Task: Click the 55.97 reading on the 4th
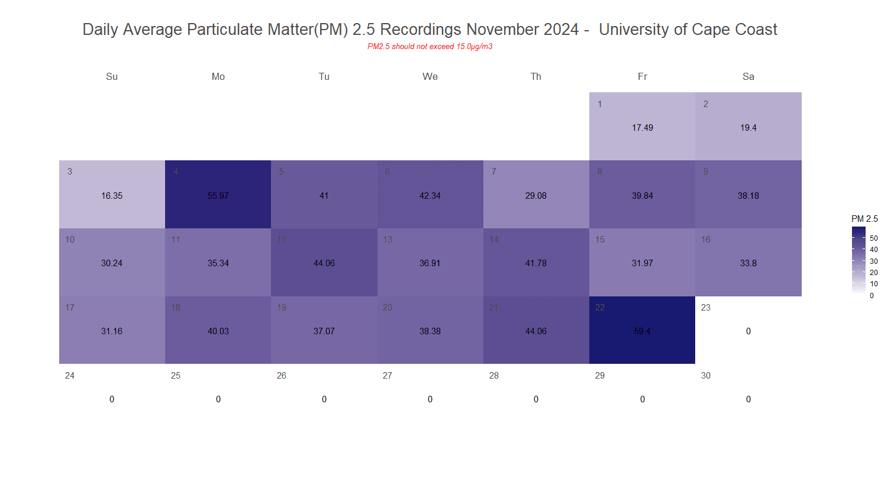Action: (x=218, y=196)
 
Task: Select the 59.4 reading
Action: (x=642, y=332)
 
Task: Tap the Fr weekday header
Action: (x=642, y=76)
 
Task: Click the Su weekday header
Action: (x=112, y=76)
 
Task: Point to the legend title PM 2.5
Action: (x=864, y=219)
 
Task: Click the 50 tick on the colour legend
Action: (x=873, y=238)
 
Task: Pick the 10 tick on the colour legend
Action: (x=873, y=285)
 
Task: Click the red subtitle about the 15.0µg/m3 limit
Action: (x=430, y=47)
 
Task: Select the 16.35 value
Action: (x=112, y=196)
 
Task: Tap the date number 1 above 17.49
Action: (x=600, y=104)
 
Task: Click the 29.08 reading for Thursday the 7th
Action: (x=536, y=196)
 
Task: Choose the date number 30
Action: (x=706, y=376)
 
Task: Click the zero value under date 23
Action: (x=748, y=332)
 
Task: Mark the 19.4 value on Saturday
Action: (x=748, y=128)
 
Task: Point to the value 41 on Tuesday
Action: (x=324, y=196)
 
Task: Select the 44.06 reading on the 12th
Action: (x=324, y=264)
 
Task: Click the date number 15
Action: (x=600, y=240)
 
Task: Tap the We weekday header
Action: (x=430, y=76)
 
